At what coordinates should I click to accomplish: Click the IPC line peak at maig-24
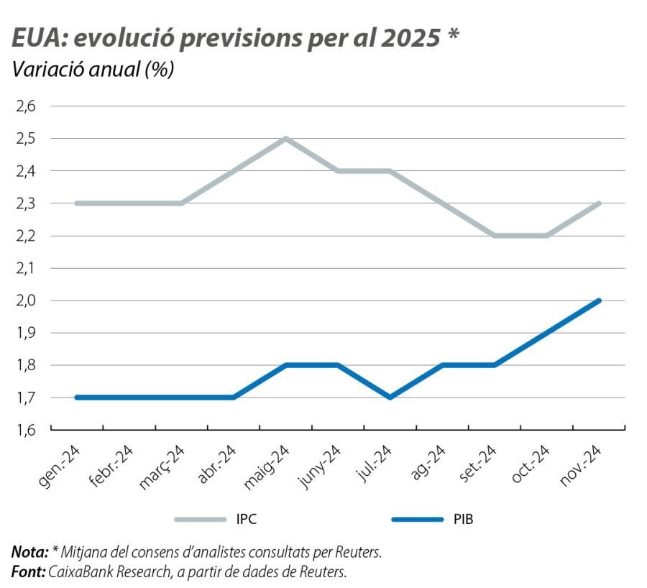(x=285, y=138)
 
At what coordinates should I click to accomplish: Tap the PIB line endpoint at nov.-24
(x=599, y=300)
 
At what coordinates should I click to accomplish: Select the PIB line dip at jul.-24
(x=390, y=397)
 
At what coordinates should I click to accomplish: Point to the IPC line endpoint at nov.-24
(x=599, y=203)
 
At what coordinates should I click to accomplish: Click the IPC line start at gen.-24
(x=76, y=203)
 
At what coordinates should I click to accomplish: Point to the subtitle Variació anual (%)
(x=93, y=70)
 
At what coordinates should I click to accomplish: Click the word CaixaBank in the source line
(x=83, y=571)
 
